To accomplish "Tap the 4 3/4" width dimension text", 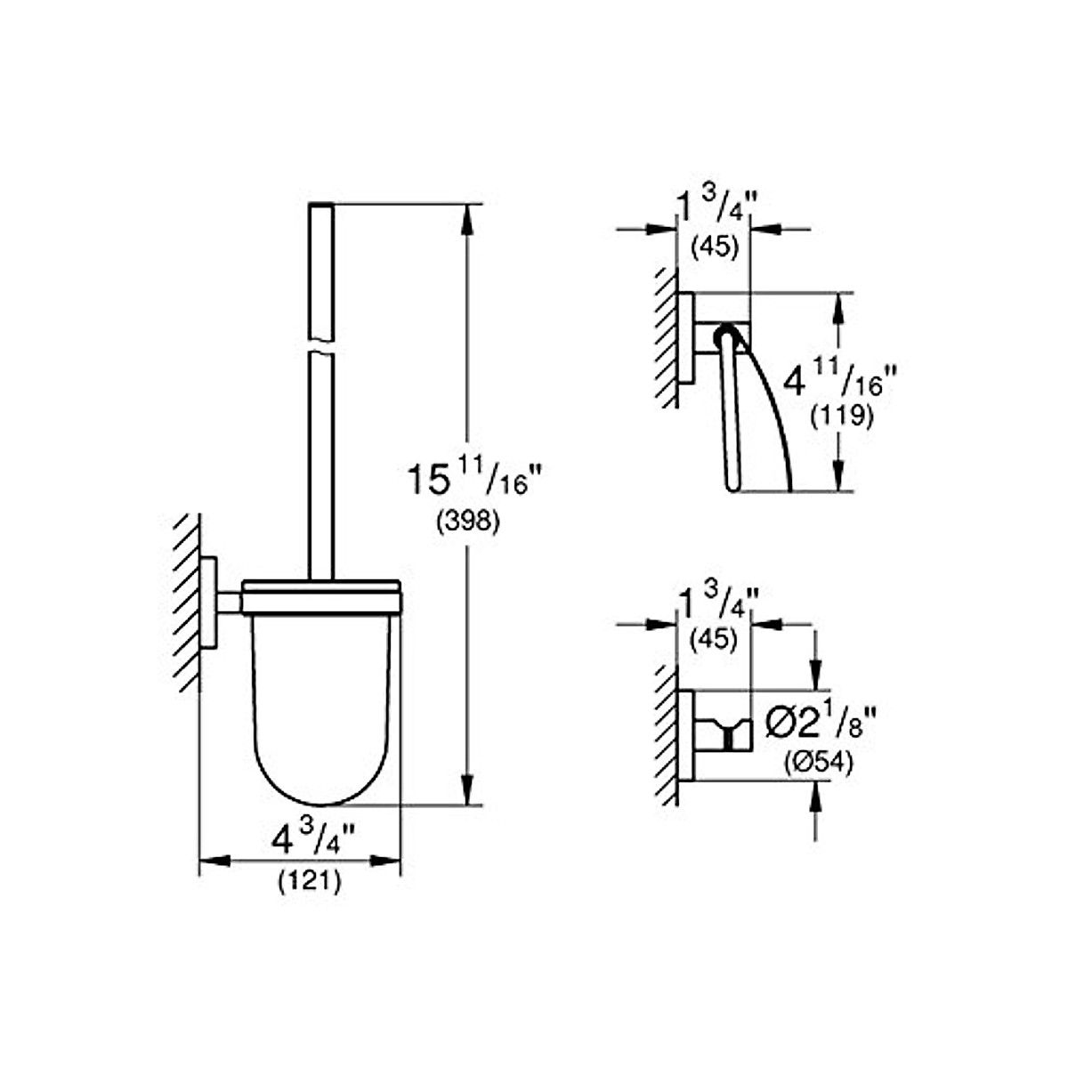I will tap(312, 838).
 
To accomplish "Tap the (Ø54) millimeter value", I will tap(818, 763).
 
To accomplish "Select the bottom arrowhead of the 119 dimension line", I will tap(837, 477).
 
